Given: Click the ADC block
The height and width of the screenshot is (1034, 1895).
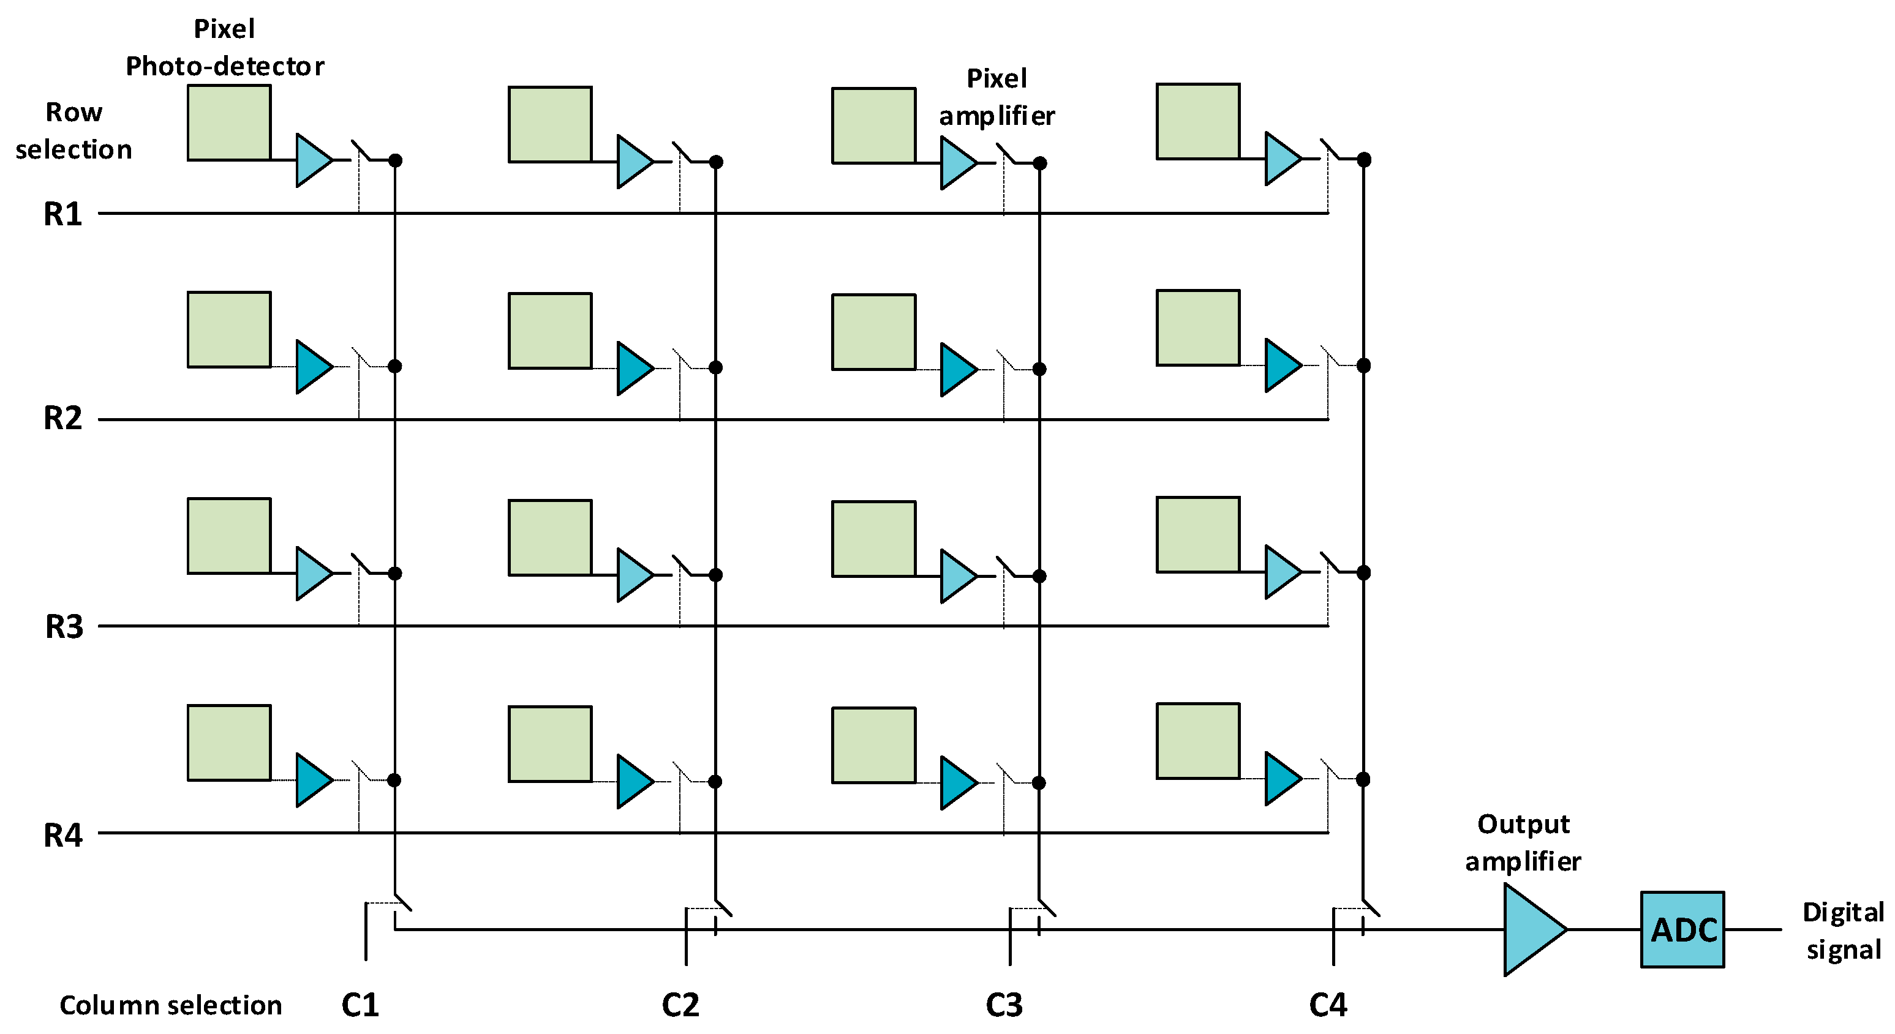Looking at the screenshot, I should [1682, 929].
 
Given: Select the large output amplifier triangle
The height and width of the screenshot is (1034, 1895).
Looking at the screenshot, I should [1530, 929].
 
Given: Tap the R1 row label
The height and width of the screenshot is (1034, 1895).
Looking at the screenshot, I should [63, 214].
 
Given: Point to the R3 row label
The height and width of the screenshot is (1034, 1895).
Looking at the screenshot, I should [64, 626].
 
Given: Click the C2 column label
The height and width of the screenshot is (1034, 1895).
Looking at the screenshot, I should [680, 1005].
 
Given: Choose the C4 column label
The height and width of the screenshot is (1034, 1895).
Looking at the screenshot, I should [1328, 1005].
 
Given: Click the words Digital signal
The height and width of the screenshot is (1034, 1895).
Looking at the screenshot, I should [1843, 931].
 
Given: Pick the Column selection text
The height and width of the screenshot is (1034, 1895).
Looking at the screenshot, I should [171, 1005].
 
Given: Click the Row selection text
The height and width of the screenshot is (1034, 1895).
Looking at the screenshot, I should [73, 131].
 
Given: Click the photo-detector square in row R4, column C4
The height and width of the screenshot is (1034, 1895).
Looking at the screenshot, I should [1197, 741].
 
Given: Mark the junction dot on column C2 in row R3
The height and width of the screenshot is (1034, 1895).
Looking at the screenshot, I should [716, 575].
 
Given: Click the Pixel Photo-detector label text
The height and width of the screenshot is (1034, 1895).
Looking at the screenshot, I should [224, 48].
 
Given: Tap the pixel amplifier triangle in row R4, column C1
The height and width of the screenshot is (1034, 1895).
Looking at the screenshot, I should [312, 779].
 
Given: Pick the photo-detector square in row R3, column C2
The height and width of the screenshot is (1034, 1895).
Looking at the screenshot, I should [549, 538].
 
